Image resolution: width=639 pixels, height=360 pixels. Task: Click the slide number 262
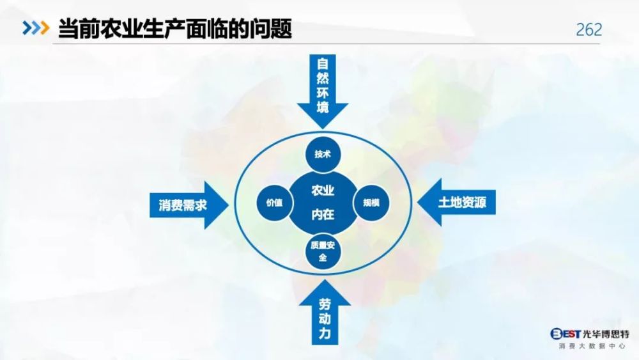(x=589, y=30)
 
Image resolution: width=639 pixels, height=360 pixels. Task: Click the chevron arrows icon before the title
(x=36, y=27)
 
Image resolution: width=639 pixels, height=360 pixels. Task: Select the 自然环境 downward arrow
(x=323, y=91)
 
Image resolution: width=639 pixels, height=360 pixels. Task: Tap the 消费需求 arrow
(x=189, y=205)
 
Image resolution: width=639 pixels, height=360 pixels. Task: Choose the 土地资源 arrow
(x=456, y=202)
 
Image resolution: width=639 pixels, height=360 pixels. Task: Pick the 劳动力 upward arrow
(x=325, y=312)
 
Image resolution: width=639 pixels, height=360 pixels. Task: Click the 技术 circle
(x=323, y=155)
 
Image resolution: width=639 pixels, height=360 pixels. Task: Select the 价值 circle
(x=274, y=203)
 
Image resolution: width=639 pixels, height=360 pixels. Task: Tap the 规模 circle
(x=371, y=203)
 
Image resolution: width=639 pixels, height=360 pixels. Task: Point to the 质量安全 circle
(x=323, y=251)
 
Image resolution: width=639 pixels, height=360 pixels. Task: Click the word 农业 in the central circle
(x=323, y=191)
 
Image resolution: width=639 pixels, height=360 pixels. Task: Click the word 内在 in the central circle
(x=323, y=214)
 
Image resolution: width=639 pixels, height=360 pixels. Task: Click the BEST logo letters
(x=566, y=334)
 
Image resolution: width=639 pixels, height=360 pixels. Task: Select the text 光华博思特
(x=606, y=334)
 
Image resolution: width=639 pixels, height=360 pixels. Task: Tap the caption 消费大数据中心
(x=592, y=346)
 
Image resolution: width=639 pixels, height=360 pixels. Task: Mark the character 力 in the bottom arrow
(x=325, y=333)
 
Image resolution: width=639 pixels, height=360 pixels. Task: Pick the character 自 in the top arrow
(x=323, y=64)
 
